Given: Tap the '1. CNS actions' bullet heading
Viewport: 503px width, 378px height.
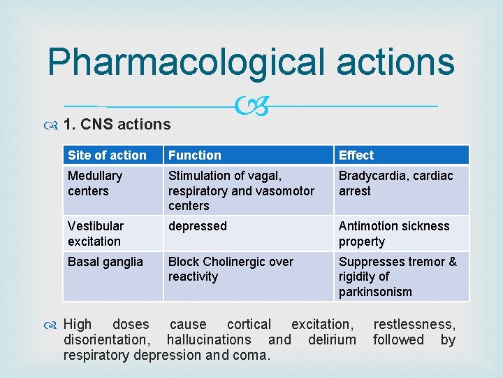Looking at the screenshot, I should [x=117, y=125].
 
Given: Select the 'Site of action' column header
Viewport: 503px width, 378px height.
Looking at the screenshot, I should [x=108, y=155].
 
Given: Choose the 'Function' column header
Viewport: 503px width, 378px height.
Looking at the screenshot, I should [x=195, y=155].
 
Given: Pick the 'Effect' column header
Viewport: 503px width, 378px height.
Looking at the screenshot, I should [x=356, y=155].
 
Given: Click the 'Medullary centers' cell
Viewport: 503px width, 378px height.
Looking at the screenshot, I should [x=95, y=183].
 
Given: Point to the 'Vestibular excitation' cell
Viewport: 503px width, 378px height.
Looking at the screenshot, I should [x=96, y=233].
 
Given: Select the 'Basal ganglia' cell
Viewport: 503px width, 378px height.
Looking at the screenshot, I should [x=105, y=262].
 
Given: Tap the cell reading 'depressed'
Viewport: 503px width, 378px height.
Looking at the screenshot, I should [x=198, y=226].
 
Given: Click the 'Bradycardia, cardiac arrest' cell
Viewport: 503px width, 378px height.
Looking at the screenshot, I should [x=395, y=183].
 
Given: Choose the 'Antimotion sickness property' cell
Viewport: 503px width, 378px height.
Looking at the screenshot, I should [x=394, y=233].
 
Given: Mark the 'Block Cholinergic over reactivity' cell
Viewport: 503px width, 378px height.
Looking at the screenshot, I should [x=231, y=269].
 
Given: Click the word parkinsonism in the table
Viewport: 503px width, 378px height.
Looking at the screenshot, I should [x=375, y=292].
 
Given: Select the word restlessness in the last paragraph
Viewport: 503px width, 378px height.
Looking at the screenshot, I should [x=414, y=324].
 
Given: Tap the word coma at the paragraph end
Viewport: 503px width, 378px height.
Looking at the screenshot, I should [x=254, y=355].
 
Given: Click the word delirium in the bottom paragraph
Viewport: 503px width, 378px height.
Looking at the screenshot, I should [x=332, y=339].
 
